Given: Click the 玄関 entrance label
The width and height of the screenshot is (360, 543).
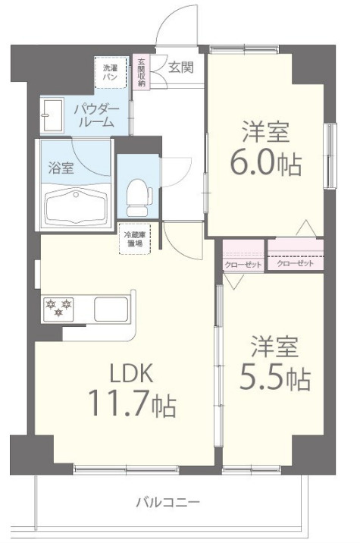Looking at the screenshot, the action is point(180,67).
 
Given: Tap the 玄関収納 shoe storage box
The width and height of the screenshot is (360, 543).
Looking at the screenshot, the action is point(141,72).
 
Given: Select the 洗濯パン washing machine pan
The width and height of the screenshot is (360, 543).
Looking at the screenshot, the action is point(111,72).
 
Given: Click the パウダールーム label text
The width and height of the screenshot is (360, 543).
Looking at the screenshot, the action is point(96,116).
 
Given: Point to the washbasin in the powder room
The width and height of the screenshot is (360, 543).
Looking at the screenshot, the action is point(52,115).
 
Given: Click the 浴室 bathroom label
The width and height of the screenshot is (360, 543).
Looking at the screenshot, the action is point(61,168).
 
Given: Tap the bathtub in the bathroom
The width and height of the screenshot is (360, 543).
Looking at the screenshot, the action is point(76,207).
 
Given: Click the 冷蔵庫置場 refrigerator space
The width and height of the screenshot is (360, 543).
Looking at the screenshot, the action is point(135,239).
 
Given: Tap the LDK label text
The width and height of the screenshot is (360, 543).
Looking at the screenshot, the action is point(131,373).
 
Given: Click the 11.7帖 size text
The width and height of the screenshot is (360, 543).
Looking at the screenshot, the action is point(132,403).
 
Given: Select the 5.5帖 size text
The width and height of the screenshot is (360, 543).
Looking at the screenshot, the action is point(275,378).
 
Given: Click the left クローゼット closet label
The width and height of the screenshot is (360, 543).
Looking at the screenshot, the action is point(243,265).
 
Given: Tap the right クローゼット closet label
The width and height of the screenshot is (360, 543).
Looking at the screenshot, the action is point(296,263).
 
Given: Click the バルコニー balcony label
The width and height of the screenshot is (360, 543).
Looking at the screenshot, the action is point(168,502).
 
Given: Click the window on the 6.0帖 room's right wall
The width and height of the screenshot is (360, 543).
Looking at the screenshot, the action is point(330,155).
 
